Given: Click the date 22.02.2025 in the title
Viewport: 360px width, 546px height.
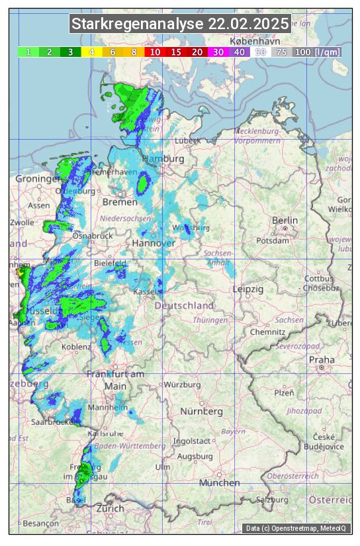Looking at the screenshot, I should [249, 24].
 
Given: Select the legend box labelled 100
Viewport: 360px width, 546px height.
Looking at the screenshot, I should [302, 52].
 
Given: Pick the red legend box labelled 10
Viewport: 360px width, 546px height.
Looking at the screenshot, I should [155, 52].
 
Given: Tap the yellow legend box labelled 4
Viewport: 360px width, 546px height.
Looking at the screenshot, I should [92, 52].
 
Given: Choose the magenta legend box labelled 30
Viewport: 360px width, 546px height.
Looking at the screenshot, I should [218, 52].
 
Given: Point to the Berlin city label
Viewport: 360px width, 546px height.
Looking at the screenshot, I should [285, 220].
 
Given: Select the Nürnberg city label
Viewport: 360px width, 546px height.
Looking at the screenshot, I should [202, 411].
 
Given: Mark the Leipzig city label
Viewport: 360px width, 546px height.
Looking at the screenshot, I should [248, 289].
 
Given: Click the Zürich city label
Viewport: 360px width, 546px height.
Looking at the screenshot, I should [110, 508].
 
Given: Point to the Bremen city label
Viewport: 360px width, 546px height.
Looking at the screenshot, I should [120, 201].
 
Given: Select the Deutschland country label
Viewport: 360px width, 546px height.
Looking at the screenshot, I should [184, 306].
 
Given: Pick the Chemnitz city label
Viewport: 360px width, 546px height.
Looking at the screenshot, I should [268, 331].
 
